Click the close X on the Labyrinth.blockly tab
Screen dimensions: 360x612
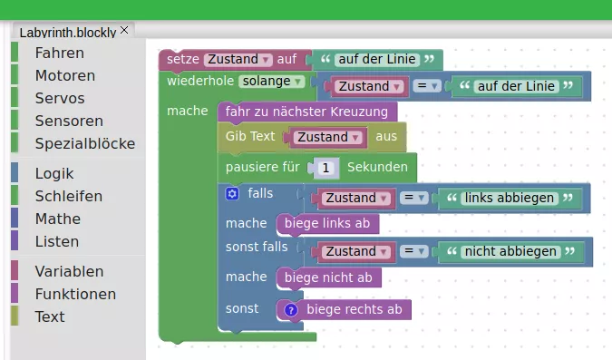pos(125,30)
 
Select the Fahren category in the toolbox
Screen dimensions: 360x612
pos(59,54)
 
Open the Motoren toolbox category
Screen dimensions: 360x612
pos(64,75)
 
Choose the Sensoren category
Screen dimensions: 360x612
pos(69,121)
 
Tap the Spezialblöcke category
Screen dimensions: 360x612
pos(84,143)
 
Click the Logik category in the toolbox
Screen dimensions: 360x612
pos(54,173)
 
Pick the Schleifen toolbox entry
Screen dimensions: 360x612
pos(68,196)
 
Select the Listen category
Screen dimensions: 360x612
pos(57,241)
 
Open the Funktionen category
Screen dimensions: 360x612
pos(75,294)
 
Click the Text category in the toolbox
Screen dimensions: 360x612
pos(50,316)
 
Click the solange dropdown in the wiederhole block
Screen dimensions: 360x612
pos(270,81)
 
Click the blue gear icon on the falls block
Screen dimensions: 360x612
pos(232,193)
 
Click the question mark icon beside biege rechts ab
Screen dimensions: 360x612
pos(291,310)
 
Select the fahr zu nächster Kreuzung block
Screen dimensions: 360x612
pos(307,112)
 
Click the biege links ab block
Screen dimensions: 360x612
pos(327,223)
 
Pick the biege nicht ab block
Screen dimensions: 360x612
pos(328,277)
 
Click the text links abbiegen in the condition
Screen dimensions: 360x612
pos(505,198)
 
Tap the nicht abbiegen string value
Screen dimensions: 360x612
pos(508,251)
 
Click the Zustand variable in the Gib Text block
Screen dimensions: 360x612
pos(324,137)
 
